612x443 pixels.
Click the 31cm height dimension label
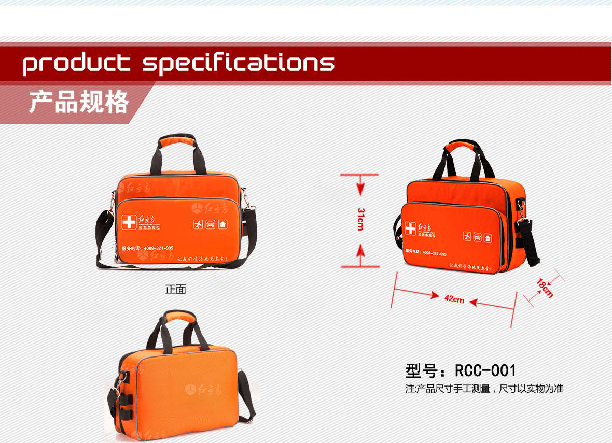[360, 219]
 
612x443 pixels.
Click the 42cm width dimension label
[454, 298]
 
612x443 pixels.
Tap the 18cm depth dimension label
[545, 288]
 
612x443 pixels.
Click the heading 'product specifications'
[178, 63]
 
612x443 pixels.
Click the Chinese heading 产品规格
[78, 102]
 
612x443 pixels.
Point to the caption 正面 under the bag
[175, 290]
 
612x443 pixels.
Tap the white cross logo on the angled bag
[410, 229]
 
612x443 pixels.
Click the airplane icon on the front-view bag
[198, 224]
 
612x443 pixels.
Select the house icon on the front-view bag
[222, 225]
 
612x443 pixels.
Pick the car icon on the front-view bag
[210, 224]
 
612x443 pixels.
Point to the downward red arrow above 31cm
[360, 185]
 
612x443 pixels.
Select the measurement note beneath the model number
[484, 388]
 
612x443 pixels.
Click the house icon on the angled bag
[488, 238]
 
